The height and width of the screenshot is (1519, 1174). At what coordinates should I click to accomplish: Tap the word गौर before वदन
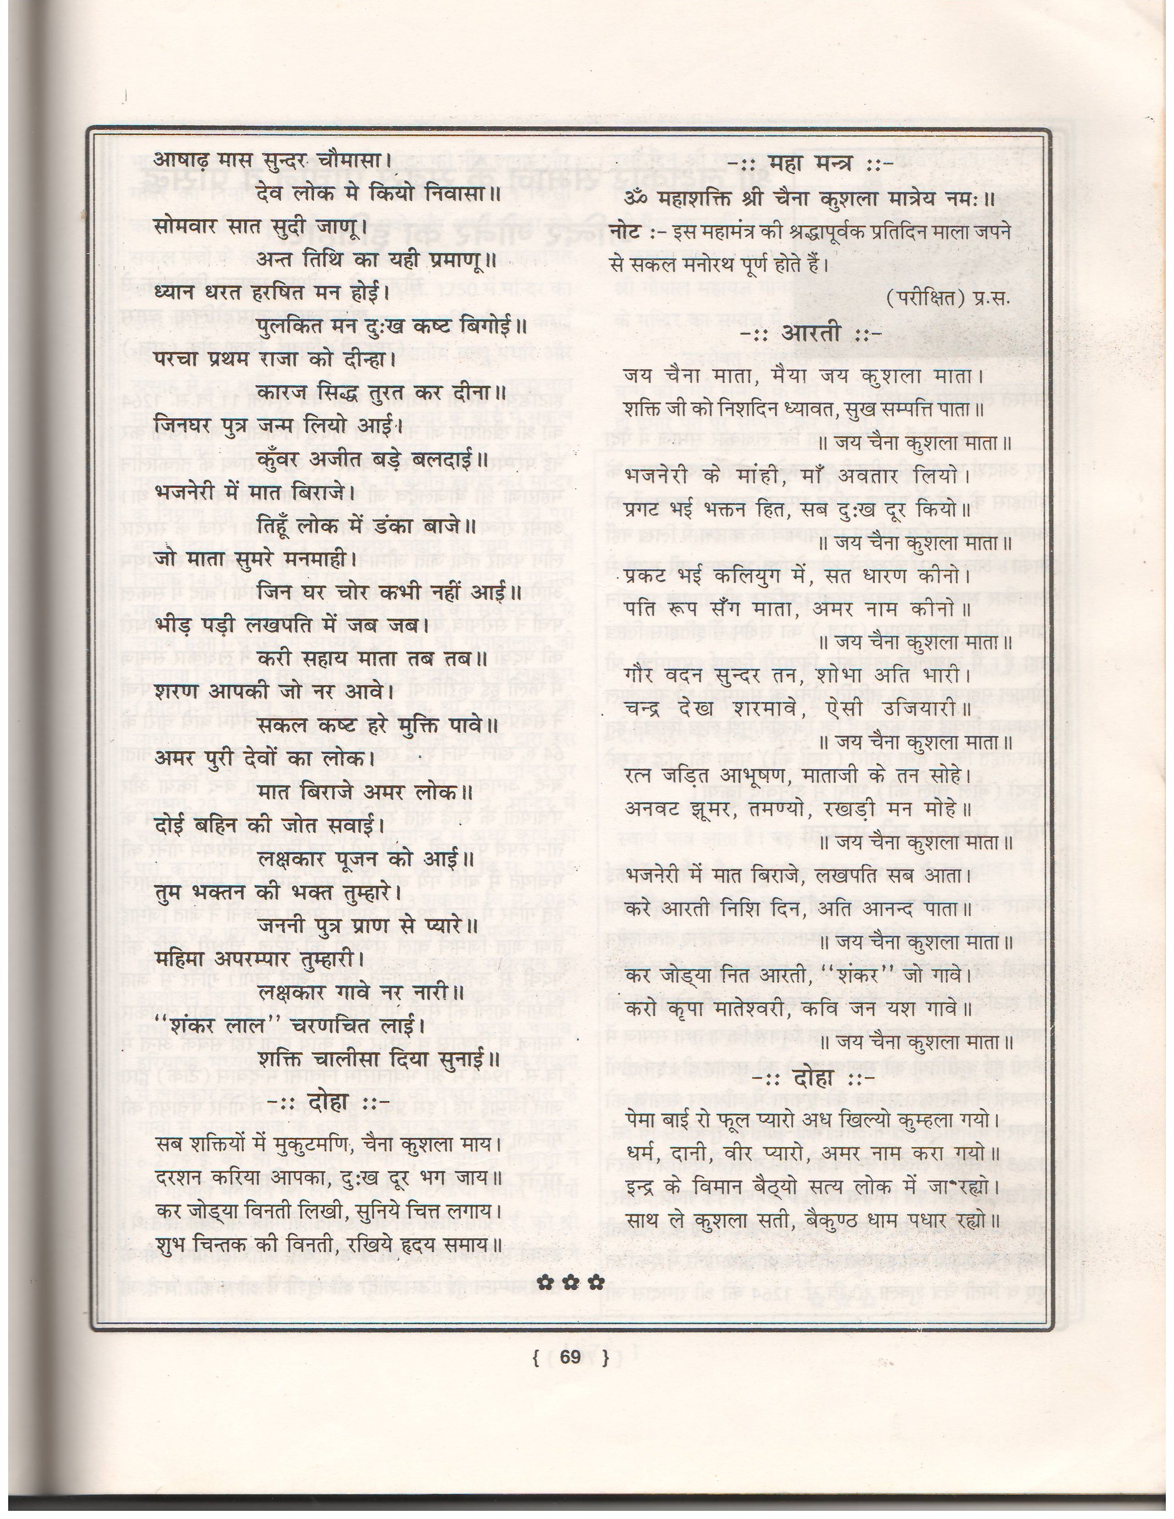pos(640,675)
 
